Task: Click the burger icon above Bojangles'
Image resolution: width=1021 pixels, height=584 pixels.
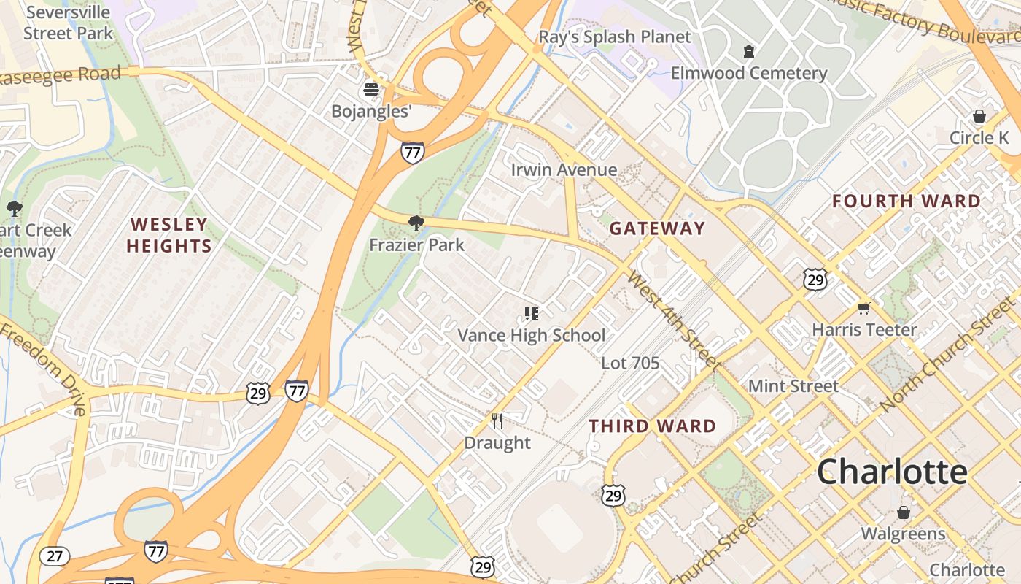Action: pos(371,91)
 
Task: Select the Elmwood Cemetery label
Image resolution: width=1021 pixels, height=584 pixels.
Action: pos(749,73)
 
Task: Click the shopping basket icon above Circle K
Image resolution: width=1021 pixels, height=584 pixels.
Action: pos(979,117)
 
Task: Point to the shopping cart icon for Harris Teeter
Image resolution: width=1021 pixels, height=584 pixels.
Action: pos(864,308)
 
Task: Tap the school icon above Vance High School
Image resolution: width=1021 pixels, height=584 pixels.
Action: pos(532,315)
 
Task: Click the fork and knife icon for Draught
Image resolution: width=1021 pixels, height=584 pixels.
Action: pos(497,421)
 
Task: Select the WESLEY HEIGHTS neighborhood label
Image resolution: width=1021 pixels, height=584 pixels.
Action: pos(169,235)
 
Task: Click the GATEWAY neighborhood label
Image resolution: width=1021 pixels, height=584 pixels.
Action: pos(657,228)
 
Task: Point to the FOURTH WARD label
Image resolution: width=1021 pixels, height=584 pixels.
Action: pos(907,201)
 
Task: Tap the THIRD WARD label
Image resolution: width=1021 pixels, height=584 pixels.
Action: pos(652,426)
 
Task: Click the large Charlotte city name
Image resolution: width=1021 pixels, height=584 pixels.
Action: pos(891,472)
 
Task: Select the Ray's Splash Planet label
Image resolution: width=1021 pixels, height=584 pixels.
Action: pos(615,36)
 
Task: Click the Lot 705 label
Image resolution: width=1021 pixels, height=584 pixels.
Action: pos(630,363)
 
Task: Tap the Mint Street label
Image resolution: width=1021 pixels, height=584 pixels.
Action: pos(793,385)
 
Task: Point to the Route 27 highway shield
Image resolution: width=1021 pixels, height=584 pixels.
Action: pos(55,556)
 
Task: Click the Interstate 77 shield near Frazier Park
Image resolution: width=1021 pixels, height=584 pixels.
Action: pos(413,153)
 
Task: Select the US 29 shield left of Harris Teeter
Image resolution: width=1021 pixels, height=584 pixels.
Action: pos(815,279)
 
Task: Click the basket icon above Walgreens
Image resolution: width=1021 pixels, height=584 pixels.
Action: pos(904,512)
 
